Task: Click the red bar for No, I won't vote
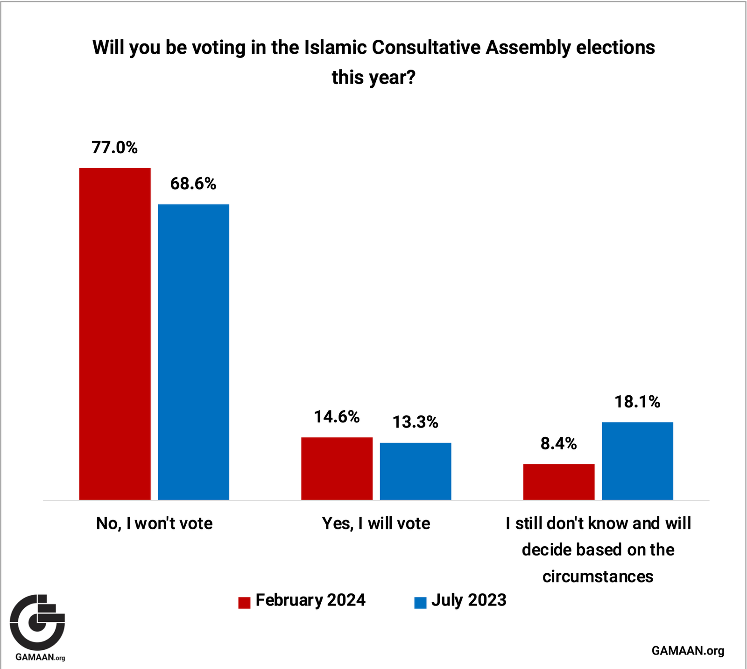(115, 334)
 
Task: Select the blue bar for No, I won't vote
(193, 352)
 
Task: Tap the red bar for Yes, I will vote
(337, 468)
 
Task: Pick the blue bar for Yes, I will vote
(416, 471)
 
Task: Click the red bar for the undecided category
(559, 482)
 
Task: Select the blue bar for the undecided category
(637, 461)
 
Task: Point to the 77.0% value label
(115, 148)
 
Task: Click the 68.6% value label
(193, 184)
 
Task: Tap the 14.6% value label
(337, 417)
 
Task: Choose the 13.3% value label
(416, 422)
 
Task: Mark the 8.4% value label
(559, 443)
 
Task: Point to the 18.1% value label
(637, 402)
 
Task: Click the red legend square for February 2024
(244, 603)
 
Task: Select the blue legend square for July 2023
(420, 603)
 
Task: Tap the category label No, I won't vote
(154, 523)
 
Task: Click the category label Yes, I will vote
(376, 523)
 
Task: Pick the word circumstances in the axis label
(598, 576)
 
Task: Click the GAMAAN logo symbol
(37, 622)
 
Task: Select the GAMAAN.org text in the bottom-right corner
(688, 651)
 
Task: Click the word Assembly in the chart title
(528, 48)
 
